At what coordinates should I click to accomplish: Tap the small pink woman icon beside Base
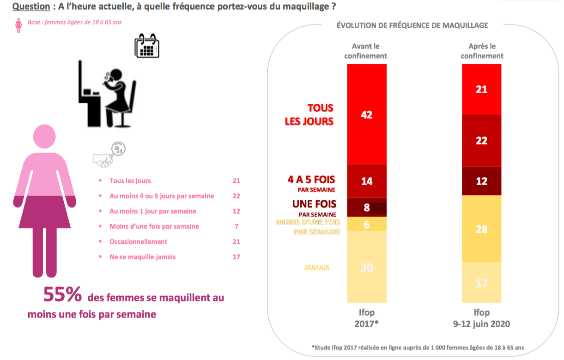pos(19,25)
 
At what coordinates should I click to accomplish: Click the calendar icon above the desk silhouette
pos(147,46)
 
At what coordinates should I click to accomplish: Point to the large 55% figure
pos(62,295)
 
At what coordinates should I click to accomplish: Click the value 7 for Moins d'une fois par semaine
pos(236,226)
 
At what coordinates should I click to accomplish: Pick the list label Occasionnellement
pos(138,241)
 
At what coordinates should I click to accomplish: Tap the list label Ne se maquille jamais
pos(142,257)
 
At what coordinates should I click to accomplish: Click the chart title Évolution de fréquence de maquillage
pos(412,25)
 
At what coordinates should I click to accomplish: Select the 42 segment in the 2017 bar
pos(367,114)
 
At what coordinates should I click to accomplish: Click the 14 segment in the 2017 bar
pos(367,181)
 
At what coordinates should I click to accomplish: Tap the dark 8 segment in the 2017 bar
pos(367,207)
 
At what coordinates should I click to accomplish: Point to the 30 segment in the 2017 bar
pos(367,267)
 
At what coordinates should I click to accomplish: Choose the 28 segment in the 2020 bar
pos(481,229)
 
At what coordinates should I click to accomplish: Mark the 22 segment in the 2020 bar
pos(481,140)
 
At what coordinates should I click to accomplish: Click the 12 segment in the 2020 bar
pos(481,181)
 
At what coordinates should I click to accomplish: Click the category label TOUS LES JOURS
pos(309,114)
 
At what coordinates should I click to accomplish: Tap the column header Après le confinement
pos(482,51)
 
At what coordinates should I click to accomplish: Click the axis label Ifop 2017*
pos(367,318)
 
